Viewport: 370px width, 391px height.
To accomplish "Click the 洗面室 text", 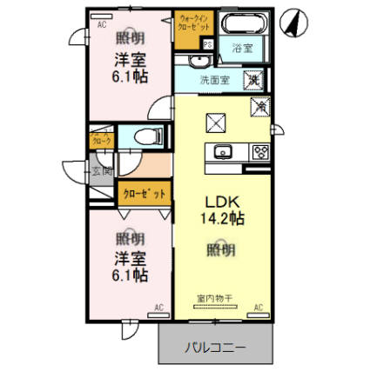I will click(x=214, y=80).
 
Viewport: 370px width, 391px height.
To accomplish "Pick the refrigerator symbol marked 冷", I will click(x=259, y=106).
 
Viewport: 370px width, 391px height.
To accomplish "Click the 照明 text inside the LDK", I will click(x=220, y=249).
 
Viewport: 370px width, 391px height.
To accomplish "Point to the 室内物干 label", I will click(x=214, y=299).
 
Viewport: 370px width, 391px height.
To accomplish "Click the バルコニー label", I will click(x=214, y=348).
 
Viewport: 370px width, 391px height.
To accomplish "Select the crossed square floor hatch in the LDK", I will click(x=214, y=123).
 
